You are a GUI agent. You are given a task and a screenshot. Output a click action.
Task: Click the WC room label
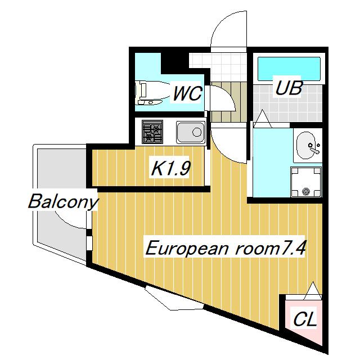187,93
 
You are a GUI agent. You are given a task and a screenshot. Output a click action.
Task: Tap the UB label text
288,88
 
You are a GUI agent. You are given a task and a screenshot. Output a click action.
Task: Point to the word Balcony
63,201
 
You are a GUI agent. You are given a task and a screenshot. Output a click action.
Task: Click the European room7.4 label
226,248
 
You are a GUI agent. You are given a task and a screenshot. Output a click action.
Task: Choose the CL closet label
305,320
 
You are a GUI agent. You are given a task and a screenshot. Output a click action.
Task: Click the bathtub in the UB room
288,69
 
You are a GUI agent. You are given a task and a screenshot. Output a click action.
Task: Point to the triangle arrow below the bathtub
262,118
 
